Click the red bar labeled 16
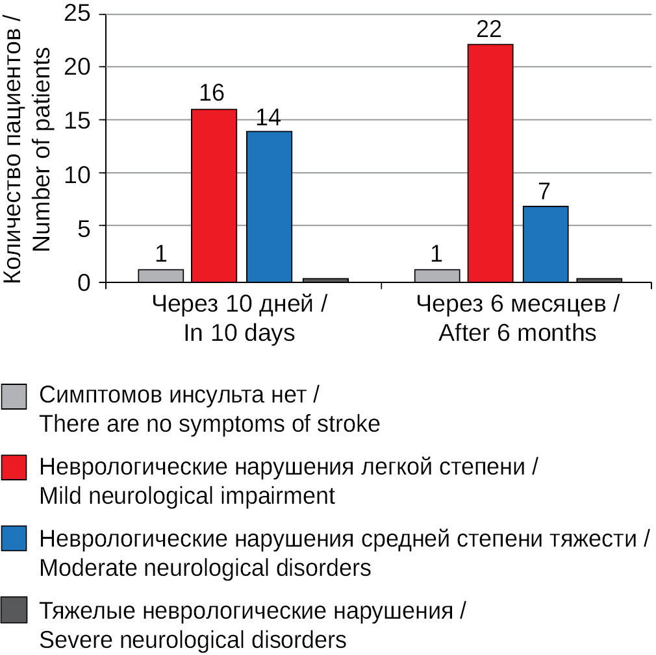(214, 195)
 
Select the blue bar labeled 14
(269, 206)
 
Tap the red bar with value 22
(490, 163)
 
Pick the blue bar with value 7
(546, 244)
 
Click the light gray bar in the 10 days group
(161, 276)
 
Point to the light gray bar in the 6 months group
(437, 276)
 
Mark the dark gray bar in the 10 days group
(325, 280)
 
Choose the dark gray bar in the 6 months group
(599, 280)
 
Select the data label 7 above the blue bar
(545, 193)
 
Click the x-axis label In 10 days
(239, 333)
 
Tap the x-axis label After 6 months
(517, 333)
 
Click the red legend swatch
(14, 467)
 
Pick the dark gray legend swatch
(14, 611)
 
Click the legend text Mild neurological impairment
(187, 497)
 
